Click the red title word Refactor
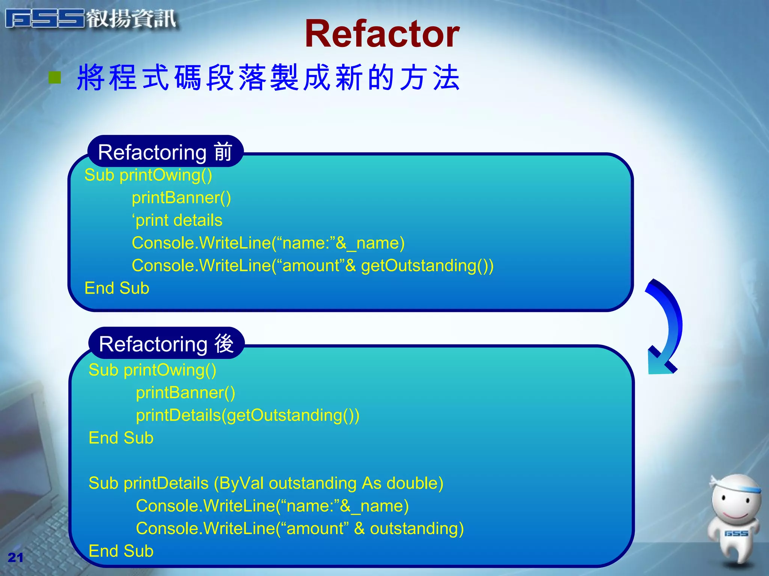point(382,34)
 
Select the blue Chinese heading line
point(268,78)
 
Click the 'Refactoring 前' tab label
point(165,152)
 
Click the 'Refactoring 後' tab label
point(166,344)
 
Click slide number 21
point(15,558)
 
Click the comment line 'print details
point(177,220)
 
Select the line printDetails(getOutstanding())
point(247,415)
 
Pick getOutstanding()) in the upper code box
point(427,266)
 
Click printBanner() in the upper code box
point(181,198)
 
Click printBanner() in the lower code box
point(185,393)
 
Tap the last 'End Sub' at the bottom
point(121,551)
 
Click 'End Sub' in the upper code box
point(117,288)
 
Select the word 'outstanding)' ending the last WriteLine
point(417,529)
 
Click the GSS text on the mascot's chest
point(736,533)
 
